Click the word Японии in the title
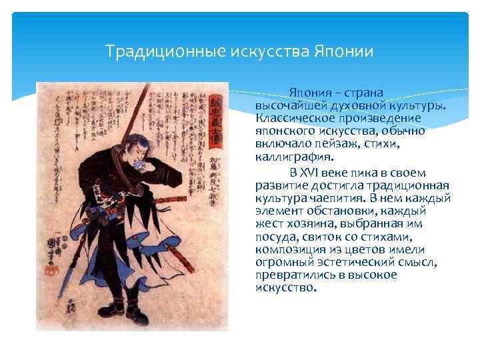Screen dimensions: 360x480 click(x=343, y=51)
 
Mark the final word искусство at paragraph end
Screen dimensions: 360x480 click(x=285, y=288)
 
